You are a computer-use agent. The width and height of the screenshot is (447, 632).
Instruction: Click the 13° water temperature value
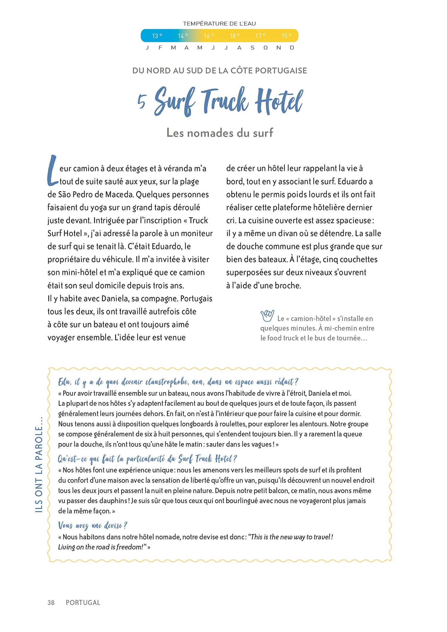pos(157,36)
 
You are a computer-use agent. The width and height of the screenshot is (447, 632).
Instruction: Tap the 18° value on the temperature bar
pos(235,36)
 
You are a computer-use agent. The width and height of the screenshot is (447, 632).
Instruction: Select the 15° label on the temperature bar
pos(286,36)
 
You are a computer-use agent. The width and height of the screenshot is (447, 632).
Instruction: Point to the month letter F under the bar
pos(160,48)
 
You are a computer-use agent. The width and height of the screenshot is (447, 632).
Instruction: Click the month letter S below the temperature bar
pos(252,48)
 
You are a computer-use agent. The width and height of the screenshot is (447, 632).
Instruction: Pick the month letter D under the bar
pos(292,48)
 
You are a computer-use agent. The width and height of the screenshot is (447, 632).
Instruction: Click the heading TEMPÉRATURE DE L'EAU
pos(219,24)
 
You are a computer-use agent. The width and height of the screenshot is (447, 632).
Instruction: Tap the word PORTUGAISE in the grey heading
pos(281,71)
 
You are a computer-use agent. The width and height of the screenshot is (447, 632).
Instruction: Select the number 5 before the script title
pos(142,101)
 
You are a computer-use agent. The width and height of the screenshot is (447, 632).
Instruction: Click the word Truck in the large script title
pos(225,101)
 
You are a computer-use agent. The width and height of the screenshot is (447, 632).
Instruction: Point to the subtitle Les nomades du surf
pos(220,133)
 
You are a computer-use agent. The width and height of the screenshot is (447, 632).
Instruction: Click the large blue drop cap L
pos(52,171)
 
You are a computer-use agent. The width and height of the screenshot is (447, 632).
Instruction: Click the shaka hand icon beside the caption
pos(267,316)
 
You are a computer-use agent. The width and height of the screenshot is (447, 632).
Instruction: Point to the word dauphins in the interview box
pos(112,501)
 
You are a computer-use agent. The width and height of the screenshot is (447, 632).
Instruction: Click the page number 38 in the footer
pos(51,602)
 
